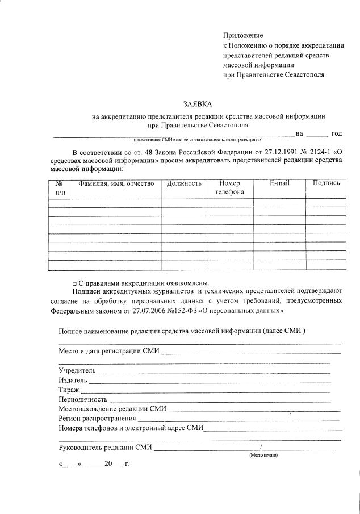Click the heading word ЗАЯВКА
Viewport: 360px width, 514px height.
point(196,105)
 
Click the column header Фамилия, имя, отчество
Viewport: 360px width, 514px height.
point(116,183)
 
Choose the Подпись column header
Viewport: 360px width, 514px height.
point(326,183)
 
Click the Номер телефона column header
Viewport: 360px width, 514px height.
point(229,187)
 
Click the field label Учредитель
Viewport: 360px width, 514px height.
point(77,370)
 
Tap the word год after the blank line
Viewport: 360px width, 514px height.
point(336,133)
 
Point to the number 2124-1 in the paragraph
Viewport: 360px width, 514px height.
point(313,152)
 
